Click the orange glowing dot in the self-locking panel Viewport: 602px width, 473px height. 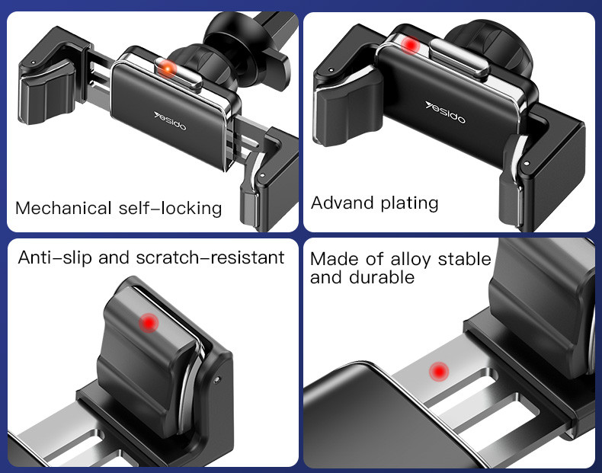point(168,69)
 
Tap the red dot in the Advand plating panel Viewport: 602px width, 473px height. point(411,45)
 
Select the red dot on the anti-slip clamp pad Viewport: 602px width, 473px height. point(149,322)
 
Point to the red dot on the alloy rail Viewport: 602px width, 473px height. point(439,371)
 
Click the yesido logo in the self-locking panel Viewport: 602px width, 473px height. point(170,121)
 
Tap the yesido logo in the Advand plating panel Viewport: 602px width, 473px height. point(445,112)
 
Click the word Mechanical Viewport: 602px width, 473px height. point(63,208)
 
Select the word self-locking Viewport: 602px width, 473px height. point(170,208)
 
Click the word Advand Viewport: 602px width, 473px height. point(342,203)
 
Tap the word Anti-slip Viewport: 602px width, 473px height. point(55,257)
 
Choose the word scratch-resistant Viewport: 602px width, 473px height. point(210,257)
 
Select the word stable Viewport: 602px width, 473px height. point(465,259)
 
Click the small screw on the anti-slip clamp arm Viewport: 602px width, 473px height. point(218,379)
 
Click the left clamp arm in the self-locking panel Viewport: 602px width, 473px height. point(54,77)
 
